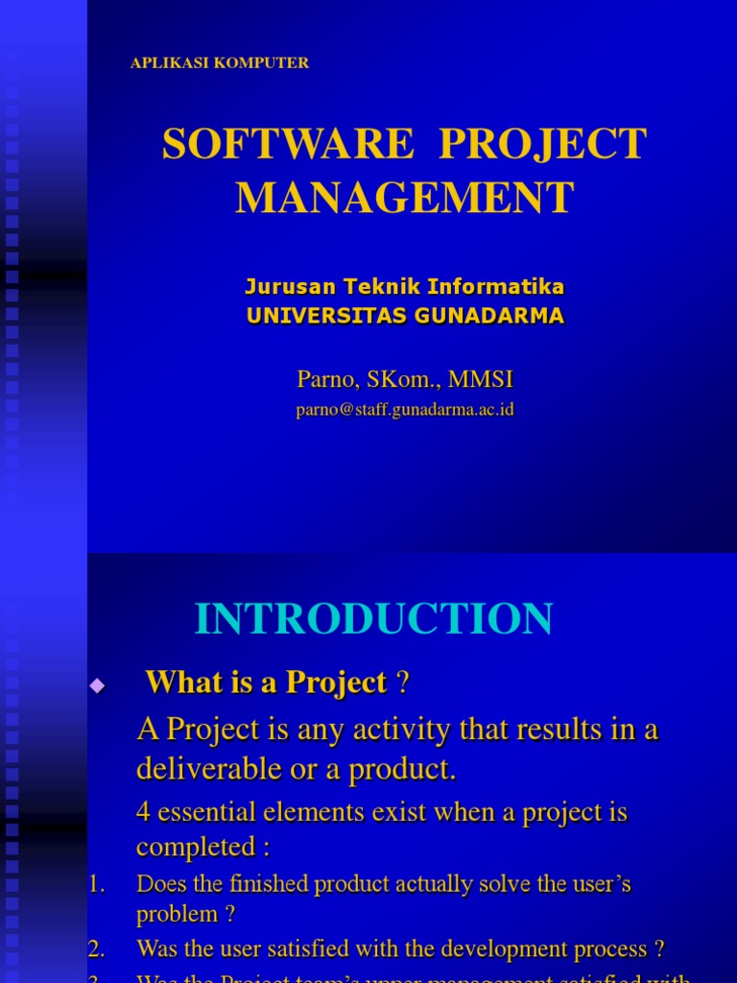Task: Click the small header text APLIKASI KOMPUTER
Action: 219,63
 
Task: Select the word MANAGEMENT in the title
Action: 404,198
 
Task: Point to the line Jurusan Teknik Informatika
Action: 404,286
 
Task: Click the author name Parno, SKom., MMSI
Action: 405,380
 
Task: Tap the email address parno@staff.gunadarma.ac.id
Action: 405,410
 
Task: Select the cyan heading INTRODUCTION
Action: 373,619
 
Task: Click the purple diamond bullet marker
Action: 96,684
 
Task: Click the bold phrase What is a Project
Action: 266,683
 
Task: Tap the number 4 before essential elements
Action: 143,812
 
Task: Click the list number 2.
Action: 95,949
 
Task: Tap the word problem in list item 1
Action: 177,915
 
